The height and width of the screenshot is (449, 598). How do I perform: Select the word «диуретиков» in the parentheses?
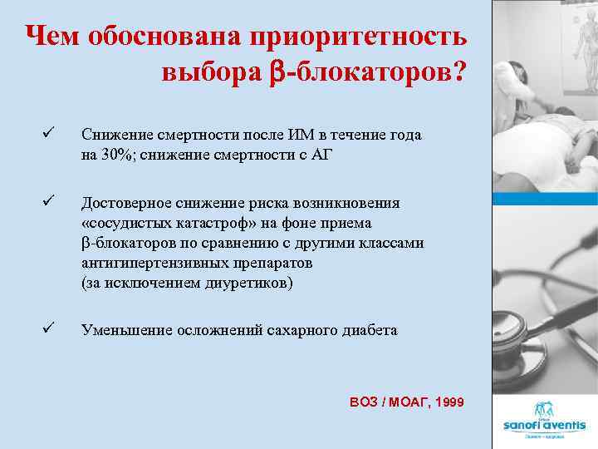coord(254,283)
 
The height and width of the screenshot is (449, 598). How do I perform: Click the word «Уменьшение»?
coord(120,330)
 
